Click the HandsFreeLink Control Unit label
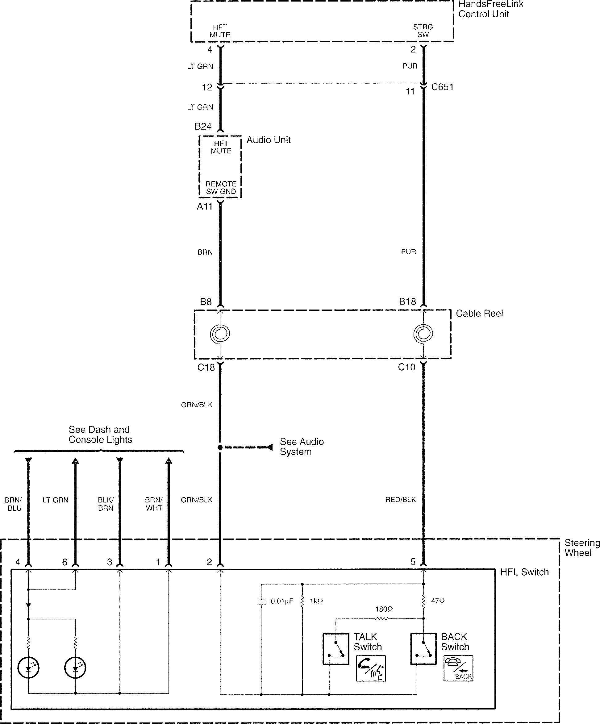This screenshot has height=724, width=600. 491,9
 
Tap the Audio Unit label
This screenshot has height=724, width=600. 269,140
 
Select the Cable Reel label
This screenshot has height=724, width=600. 479,313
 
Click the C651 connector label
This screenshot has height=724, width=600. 442,87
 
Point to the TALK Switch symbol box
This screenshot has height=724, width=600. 335,649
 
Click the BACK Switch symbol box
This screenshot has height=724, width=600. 423,648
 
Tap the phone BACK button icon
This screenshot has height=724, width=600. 458,668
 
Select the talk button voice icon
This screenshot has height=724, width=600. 371,668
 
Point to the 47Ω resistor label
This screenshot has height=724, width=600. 438,601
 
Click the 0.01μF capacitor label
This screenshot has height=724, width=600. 282,601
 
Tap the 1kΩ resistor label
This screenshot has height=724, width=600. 316,601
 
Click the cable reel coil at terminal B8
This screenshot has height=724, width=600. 220,334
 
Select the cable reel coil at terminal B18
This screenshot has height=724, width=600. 423,333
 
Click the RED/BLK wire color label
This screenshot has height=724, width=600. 401,500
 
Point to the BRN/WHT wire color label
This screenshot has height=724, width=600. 154,504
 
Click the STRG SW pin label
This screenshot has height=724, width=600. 423,31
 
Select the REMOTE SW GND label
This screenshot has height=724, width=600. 221,188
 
